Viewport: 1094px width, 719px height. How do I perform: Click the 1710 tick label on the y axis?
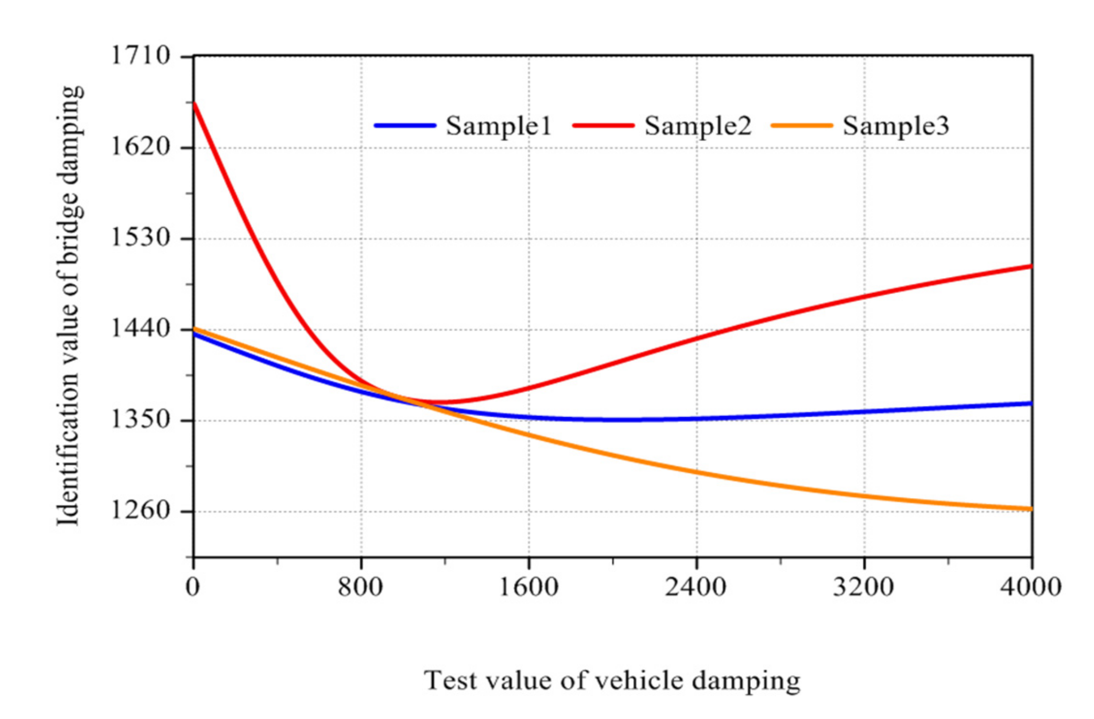pyautogui.click(x=140, y=55)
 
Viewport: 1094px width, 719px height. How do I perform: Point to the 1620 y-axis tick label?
pyautogui.click(x=140, y=147)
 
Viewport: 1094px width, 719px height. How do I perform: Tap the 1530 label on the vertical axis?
pyautogui.click(x=140, y=238)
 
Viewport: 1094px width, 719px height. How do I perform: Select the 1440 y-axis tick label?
pyautogui.click(x=140, y=329)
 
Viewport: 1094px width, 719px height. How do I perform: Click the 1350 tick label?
pyautogui.click(x=140, y=420)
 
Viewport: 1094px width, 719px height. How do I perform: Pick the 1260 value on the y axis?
pyautogui.click(x=140, y=510)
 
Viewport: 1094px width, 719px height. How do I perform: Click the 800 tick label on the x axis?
pyautogui.click(x=360, y=587)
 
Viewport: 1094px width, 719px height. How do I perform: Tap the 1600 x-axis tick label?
pyautogui.click(x=528, y=587)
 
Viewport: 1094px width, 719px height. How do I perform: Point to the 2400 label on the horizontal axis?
pyautogui.click(x=695, y=587)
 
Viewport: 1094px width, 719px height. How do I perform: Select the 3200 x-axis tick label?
pyautogui.click(x=863, y=587)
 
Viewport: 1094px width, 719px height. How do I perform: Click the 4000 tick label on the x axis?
pyautogui.click(x=1031, y=587)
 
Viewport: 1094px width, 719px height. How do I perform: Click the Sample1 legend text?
pyautogui.click(x=499, y=126)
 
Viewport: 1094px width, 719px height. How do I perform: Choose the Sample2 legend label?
pyautogui.click(x=697, y=126)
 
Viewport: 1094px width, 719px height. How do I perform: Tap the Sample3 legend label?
pyautogui.click(x=896, y=126)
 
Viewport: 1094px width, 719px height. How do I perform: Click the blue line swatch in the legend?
pyautogui.click(x=405, y=126)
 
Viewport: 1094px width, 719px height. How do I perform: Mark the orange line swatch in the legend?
pyautogui.click(x=801, y=126)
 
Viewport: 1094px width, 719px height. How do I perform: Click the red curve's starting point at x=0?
pyautogui.click(x=194, y=104)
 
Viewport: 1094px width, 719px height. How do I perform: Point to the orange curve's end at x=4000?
pyautogui.click(x=1031, y=509)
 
